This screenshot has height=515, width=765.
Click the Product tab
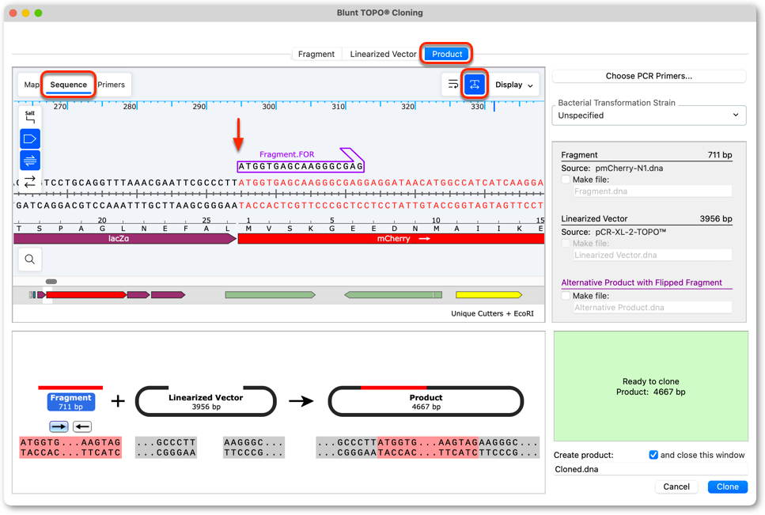point(447,54)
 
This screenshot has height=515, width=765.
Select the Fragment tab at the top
point(316,54)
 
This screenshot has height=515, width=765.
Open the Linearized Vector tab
point(383,54)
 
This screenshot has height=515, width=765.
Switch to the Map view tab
point(31,85)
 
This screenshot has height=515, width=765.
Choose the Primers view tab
point(112,85)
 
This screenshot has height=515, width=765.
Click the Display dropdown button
point(513,85)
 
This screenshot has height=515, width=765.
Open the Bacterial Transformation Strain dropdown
point(649,115)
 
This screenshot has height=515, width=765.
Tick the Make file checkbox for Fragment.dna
point(566,180)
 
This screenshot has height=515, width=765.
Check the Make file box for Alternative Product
point(566,296)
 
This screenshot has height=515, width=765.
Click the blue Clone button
point(728,487)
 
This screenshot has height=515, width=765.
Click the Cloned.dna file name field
point(650,469)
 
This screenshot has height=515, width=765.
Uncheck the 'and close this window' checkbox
point(653,455)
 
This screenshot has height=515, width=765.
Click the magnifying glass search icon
point(30,259)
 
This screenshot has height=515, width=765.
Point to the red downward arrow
point(238,134)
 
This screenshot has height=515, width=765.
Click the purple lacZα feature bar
point(125,238)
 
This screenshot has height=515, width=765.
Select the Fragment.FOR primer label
point(287,154)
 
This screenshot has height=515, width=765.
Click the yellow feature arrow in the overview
point(489,294)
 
